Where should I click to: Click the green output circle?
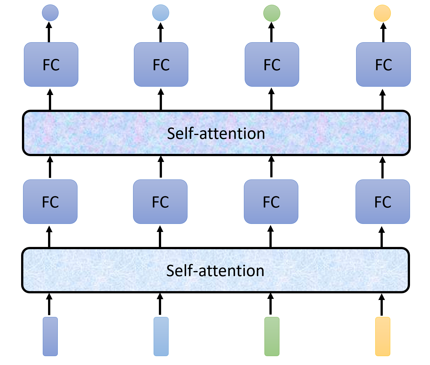(x=272, y=13)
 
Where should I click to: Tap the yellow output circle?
(x=382, y=13)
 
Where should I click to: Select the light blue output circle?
(x=161, y=13)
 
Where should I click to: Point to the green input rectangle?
(x=272, y=336)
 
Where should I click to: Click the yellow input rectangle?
(x=382, y=336)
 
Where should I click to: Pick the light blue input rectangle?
(x=161, y=336)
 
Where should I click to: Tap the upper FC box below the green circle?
(x=272, y=64)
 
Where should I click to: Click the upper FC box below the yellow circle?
(x=383, y=64)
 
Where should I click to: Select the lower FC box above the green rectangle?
(x=271, y=202)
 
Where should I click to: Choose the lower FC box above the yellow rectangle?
(x=382, y=202)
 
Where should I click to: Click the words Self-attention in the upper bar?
(x=216, y=133)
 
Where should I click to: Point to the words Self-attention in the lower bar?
(x=215, y=271)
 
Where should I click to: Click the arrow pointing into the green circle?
(x=271, y=32)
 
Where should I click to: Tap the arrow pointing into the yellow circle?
(x=383, y=32)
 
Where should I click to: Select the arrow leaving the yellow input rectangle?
(x=382, y=304)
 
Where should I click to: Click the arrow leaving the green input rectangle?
(x=271, y=304)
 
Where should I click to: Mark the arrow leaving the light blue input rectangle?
(x=160, y=304)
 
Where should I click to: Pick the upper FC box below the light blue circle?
(x=161, y=64)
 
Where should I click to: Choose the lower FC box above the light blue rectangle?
(x=160, y=202)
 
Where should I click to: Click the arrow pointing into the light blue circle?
(x=161, y=32)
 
